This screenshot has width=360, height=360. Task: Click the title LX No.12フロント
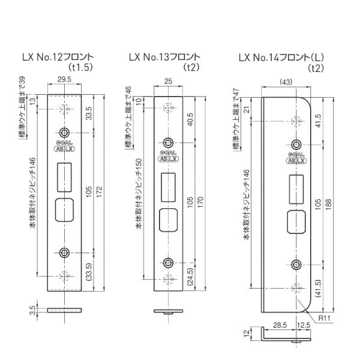[x=58, y=57]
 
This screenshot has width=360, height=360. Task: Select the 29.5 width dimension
[x=64, y=79]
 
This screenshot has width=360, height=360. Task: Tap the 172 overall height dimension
[x=99, y=192]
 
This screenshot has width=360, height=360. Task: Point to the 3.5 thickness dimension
[x=33, y=310]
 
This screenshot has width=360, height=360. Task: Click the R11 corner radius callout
[x=324, y=318]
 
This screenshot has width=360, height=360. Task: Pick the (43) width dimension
[x=286, y=82]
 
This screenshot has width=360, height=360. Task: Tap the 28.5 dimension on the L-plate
[x=280, y=325]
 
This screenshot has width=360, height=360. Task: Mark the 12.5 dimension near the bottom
[x=304, y=325]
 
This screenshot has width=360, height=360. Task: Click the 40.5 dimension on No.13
[x=190, y=119]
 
